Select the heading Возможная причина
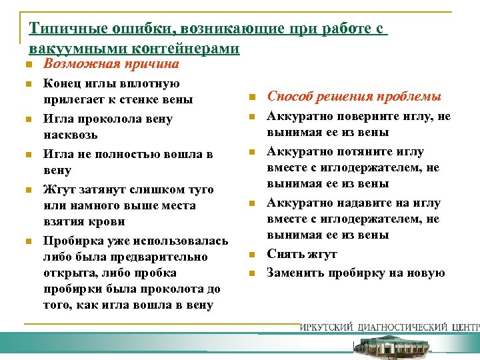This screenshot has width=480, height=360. pyautogui.click(x=111, y=65)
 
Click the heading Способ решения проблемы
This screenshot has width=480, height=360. pyautogui.click(x=354, y=97)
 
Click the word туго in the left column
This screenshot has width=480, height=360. pyautogui.click(x=201, y=189)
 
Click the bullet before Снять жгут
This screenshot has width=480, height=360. pyautogui.click(x=253, y=255)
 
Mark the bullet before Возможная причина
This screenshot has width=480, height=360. pyautogui.click(x=23, y=65)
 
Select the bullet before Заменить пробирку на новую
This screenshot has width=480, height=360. pyautogui.click(x=253, y=273)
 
